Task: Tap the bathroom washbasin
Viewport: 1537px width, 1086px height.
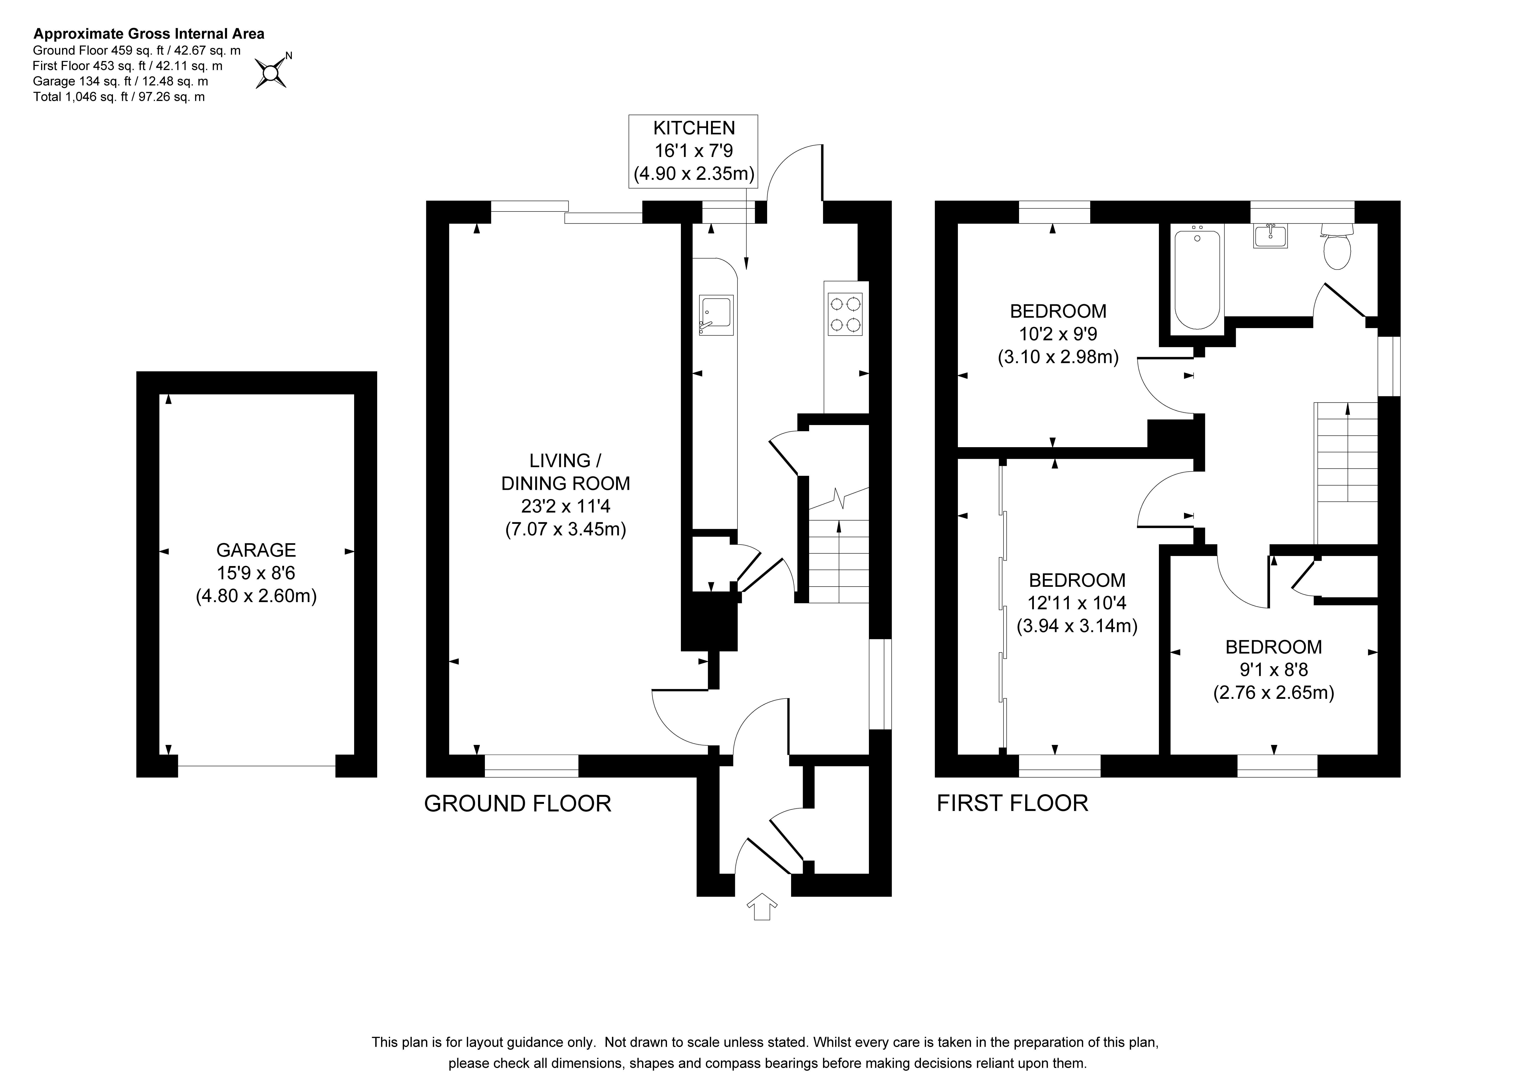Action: tap(1270, 236)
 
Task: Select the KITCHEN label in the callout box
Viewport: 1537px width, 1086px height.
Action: tap(694, 128)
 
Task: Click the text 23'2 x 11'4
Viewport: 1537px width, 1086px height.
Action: tap(566, 506)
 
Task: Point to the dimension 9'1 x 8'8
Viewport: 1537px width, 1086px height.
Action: tap(1274, 670)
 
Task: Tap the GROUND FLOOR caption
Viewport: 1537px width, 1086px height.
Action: tap(518, 804)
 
